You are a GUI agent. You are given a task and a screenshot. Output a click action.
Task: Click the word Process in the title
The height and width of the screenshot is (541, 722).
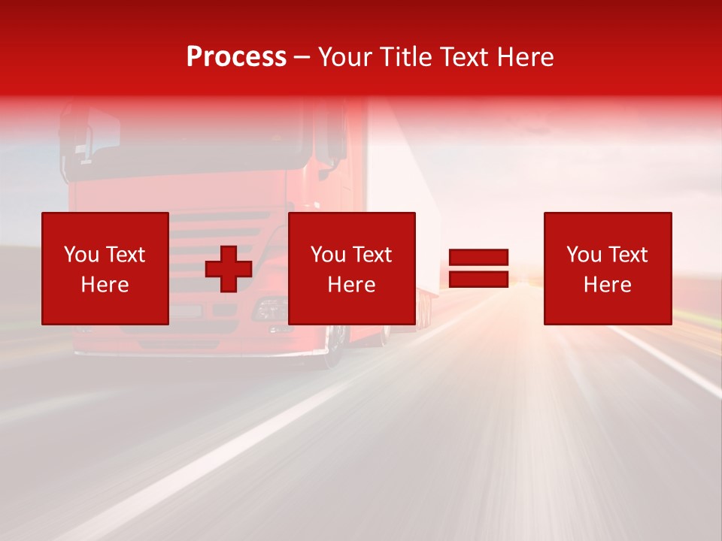(236, 57)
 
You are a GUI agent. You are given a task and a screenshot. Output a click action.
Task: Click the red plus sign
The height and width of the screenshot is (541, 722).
(229, 269)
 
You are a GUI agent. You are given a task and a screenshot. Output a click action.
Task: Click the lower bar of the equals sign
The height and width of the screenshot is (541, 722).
(478, 280)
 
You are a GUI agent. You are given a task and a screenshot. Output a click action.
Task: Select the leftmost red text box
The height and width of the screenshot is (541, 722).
(105, 268)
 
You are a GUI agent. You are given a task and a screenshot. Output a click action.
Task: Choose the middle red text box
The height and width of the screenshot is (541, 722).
(352, 268)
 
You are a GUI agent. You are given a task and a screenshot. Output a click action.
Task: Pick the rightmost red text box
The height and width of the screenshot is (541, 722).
(608, 268)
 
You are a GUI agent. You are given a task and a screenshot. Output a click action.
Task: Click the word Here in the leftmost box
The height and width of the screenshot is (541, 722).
(105, 285)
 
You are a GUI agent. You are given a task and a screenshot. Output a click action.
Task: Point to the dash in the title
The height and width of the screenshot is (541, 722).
(302, 58)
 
